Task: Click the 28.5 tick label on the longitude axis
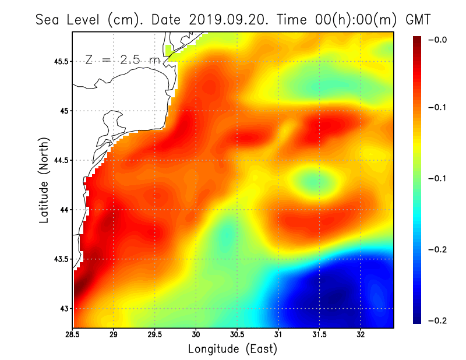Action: [73, 335]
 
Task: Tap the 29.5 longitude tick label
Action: [154, 335]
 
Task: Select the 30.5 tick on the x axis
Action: [237, 335]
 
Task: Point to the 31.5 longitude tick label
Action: [320, 335]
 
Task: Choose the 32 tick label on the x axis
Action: [361, 335]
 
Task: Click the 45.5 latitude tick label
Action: [60, 61]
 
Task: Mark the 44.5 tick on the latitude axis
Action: [60, 160]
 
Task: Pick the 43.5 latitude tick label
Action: [60, 259]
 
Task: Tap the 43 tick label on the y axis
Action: [63, 308]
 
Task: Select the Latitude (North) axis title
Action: [44, 179]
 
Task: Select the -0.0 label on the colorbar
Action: [437, 40]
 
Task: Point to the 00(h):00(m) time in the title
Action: [349, 19]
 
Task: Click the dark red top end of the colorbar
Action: [418, 41]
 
